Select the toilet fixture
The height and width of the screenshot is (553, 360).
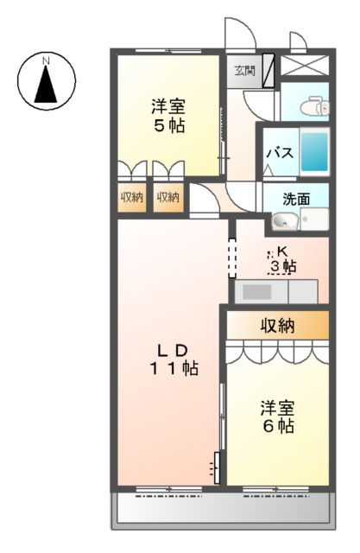pyautogui.click(x=311, y=105)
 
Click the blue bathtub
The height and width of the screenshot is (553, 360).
pyautogui.click(x=316, y=155)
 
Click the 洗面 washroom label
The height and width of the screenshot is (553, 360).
pyautogui.click(x=296, y=197)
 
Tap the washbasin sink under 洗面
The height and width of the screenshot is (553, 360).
pyautogui.click(x=283, y=222)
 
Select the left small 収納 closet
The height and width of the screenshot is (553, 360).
pyautogui.click(x=131, y=197)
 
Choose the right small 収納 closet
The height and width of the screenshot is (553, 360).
pyautogui.click(x=168, y=197)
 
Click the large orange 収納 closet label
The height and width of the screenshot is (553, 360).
pyautogui.click(x=278, y=326)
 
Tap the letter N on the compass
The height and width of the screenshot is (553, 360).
pyautogui.click(x=47, y=60)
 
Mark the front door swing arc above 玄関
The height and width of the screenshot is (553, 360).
pyautogui.click(x=236, y=35)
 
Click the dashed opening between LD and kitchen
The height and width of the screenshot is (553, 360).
pyautogui.click(x=231, y=255)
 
